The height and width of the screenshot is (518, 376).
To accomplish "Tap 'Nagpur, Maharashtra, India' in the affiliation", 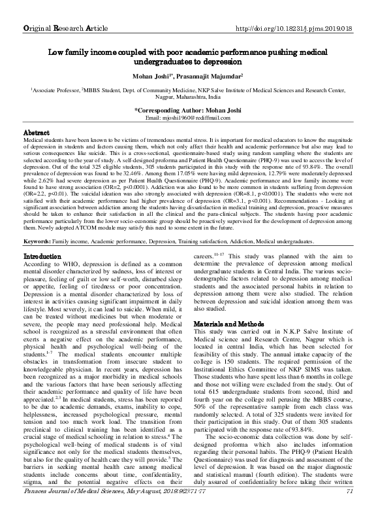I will tap(188, 94).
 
